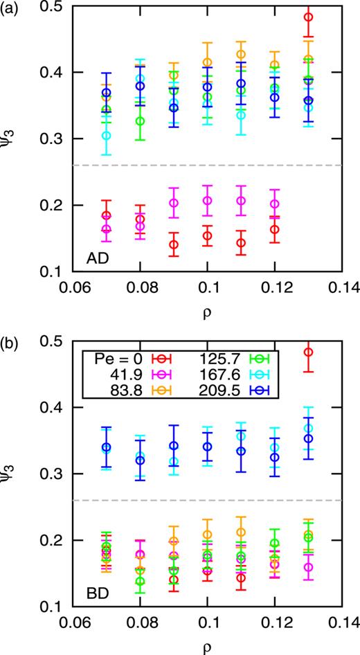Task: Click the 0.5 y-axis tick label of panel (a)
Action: click(x=50, y=6)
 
